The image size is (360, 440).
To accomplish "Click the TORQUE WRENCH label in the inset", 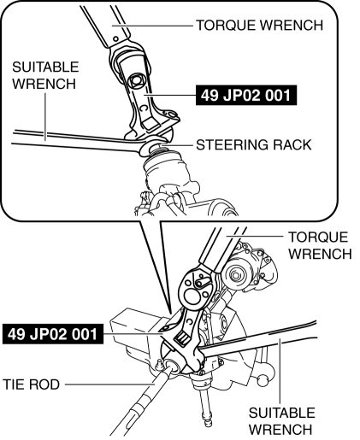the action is point(259,25).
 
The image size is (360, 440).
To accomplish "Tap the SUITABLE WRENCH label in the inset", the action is point(45,75).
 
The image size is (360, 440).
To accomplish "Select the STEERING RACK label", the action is point(254,144).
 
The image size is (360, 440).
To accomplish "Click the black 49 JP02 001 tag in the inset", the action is point(246,95).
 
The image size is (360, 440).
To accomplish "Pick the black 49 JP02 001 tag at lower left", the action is point(53,334).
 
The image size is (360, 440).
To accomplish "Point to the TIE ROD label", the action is point(32,384).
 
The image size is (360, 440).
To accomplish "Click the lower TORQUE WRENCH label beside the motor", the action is point(320,245).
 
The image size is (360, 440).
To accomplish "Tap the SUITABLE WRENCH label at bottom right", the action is point(281,421).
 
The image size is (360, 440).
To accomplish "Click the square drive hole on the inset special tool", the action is point(137,82).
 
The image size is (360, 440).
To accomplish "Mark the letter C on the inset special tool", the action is point(144,108).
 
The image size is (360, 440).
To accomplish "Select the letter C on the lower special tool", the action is point(189,322).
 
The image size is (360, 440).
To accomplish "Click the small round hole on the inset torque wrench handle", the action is point(116,38).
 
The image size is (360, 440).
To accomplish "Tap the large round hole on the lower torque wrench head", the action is point(192,297).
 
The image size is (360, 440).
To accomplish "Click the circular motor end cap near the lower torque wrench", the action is point(235,275).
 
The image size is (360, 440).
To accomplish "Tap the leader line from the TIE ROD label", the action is point(110,384).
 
